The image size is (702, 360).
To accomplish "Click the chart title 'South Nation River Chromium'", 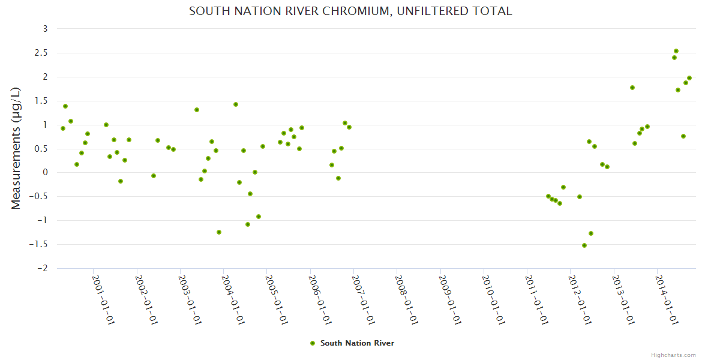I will pyautogui.click(x=350, y=11).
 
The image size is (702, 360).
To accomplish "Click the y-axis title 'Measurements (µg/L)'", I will pyautogui.click(x=16, y=148).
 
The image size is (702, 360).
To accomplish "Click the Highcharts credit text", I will pyautogui.click(x=673, y=355).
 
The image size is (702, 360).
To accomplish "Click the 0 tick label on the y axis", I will pyautogui.click(x=44, y=173).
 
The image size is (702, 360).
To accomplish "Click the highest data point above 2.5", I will pyautogui.click(x=676, y=51).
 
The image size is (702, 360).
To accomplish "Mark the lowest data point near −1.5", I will pyautogui.click(x=584, y=245).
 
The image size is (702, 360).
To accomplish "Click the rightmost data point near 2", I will pyautogui.click(x=689, y=78).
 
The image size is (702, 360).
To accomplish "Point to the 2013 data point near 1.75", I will pyautogui.click(x=632, y=88).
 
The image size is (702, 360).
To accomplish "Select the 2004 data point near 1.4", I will pyautogui.click(x=236, y=104).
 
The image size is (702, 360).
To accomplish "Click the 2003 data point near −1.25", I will pyautogui.click(x=219, y=232).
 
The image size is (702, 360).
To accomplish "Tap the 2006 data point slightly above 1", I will pyautogui.click(x=345, y=123).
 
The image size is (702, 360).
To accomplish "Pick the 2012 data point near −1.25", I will pyautogui.click(x=591, y=233).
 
